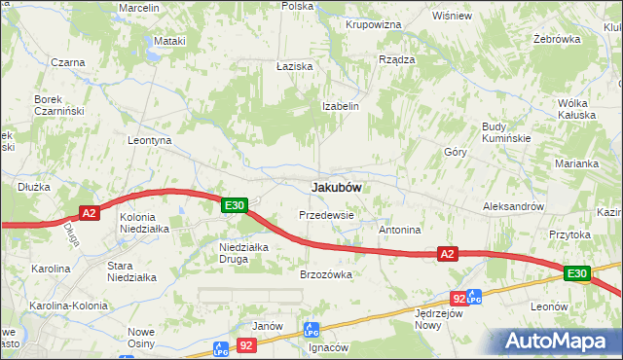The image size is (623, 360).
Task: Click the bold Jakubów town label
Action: tap(337, 187)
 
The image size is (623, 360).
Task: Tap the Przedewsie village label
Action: tap(326, 215)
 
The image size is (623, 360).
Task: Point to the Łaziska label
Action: tap(293, 65)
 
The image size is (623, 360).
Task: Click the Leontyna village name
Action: tap(150, 140)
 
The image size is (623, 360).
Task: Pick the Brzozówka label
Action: tap(325, 274)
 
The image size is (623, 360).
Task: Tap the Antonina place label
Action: tap(399, 231)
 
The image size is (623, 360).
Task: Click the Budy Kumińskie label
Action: tap(506, 132)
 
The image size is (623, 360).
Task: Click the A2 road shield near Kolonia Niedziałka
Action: tap(89, 213)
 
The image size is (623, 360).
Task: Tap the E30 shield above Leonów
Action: tap(577, 274)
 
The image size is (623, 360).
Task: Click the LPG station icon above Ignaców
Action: tap(311, 330)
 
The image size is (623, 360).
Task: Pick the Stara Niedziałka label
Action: tap(131, 270)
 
